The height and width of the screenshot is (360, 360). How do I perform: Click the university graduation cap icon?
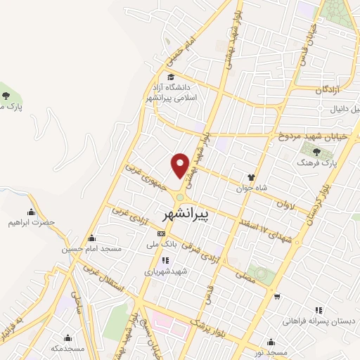(170, 77)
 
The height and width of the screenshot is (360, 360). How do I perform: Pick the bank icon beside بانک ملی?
(162, 233)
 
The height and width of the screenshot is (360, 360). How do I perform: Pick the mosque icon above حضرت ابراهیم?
(31, 212)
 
